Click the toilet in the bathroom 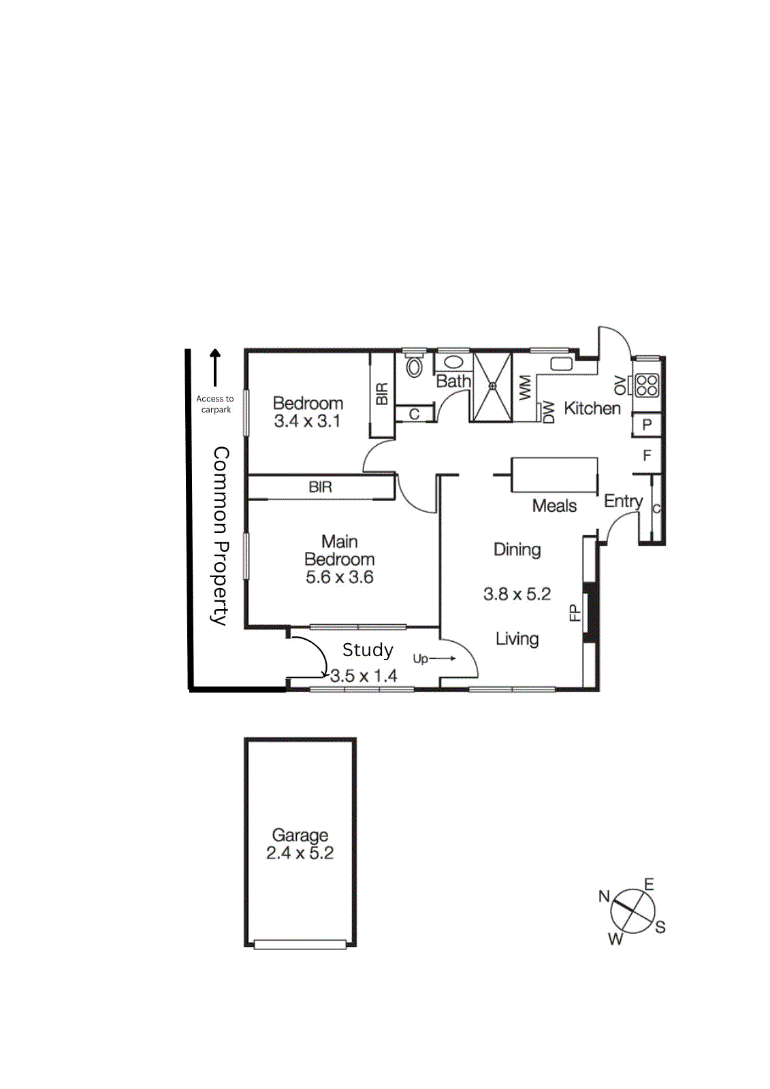414,366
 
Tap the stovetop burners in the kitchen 647,386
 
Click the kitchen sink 562,363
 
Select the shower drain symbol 492,386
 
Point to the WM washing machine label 525,388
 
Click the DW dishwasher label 549,412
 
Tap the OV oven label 620,385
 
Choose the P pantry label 647,425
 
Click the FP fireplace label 575,613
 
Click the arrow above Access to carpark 215,368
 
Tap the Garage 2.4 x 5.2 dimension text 300,853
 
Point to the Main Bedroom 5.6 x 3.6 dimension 339,577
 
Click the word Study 368,650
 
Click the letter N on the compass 604,896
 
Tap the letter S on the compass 660,927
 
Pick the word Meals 554,506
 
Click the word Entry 623,502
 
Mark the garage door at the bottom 300,944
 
